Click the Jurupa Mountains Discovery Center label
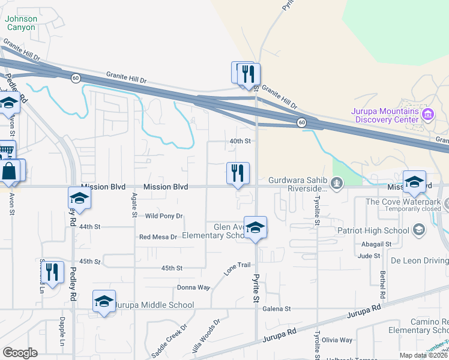tap(385, 115)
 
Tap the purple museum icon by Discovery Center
tap(428, 114)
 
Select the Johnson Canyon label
tap(21, 23)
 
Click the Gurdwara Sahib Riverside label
tap(297, 184)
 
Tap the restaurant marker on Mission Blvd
tap(238, 174)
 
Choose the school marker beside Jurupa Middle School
tap(104, 302)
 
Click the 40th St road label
tap(240, 141)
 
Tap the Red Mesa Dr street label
tap(158, 237)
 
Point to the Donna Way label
tap(193, 287)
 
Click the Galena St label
tap(277, 309)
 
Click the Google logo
tap(20, 353)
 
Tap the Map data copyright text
tap(423, 355)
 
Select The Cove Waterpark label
tap(403, 202)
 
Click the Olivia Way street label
tap(337, 340)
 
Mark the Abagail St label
tap(376, 245)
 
